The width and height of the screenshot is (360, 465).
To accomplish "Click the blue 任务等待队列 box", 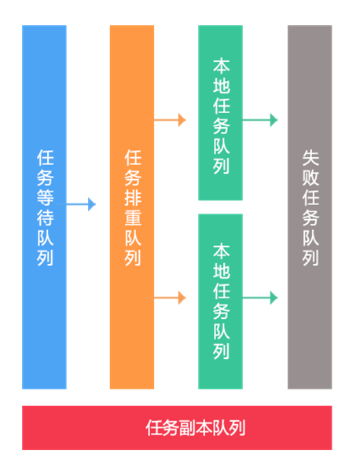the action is point(44,207).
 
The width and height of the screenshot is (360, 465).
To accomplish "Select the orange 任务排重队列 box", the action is point(132,207).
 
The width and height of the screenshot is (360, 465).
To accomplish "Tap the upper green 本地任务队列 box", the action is point(221,112).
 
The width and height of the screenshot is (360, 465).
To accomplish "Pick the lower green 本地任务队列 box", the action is point(221,302).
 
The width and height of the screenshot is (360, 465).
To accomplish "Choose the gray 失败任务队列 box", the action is point(310,207).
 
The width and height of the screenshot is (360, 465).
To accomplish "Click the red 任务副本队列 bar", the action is point(177,427).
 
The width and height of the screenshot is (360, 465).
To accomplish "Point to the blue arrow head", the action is point(92,204).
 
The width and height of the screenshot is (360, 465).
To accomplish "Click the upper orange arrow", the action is point(167,120).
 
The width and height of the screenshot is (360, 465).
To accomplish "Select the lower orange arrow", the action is point(167,298).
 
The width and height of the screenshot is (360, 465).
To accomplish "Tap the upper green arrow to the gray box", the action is point(260,120).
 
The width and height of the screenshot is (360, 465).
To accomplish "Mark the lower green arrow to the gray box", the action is point(260,298).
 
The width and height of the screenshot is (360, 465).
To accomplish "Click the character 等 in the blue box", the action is point(46,197).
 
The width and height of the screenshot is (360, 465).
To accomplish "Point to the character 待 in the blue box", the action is point(46,218).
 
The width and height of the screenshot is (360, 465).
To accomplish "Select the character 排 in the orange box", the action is point(133,197).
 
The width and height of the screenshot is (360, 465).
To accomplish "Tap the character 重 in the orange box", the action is point(133,218).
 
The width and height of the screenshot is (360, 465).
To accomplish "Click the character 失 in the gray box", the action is point(310,157).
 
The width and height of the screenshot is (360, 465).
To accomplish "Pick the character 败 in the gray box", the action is point(310,178).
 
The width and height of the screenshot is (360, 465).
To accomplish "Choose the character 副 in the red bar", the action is point(187,428).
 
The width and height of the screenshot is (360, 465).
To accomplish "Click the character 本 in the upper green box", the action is point(222,65).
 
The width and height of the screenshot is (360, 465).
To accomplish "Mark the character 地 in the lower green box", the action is point(222,270).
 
